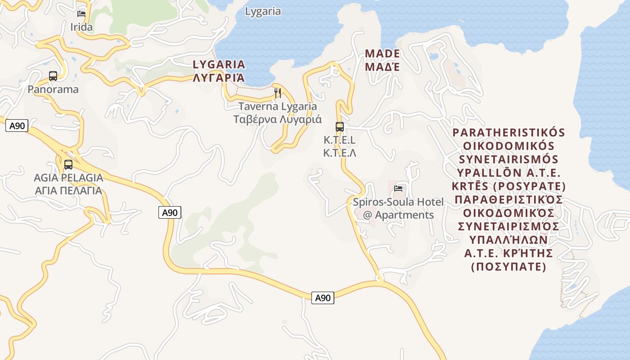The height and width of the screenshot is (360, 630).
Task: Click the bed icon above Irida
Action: click(x=81, y=13)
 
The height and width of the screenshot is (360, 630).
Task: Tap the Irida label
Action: click(x=81, y=27)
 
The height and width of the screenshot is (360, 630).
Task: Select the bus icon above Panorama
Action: click(x=53, y=76)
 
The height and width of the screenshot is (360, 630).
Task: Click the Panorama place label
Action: click(x=53, y=90)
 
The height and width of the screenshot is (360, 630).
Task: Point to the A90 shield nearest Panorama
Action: click(x=17, y=126)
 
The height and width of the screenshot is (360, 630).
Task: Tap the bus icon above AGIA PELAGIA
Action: click(x=68, y=164)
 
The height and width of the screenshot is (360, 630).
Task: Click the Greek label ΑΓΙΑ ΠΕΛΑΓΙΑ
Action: click(x=68, y=190)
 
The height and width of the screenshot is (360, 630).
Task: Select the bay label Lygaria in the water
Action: click(x=263, y=12)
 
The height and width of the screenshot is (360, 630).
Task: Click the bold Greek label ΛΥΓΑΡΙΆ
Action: click(x=219, y=78)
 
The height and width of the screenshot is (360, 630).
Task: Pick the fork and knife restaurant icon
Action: click(x=278, y=93)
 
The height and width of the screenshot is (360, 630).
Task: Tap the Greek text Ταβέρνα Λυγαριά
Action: click(x=278, y=120)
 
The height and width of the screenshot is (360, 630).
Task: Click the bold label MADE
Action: click(x=382, y=54)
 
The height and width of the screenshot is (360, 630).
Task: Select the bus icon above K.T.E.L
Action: click(x=340, y=126)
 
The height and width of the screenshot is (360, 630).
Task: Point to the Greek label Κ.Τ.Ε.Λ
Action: click(x=340, y=153)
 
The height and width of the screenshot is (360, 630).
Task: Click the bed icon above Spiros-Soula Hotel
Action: click(x=398, y=188)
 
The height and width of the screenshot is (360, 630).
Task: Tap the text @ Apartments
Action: click(x=398, y=215)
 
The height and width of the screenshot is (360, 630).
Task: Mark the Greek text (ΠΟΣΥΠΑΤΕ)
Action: click(x=508, y=267)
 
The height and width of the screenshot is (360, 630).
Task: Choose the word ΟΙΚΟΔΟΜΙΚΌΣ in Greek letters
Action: click(x=508, y=213)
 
